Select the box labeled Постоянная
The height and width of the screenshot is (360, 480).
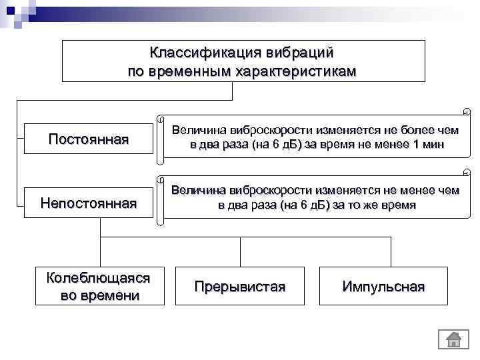pos(89,139)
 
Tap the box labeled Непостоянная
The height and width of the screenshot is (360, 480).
pos(89,202)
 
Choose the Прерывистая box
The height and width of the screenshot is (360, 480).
pos(240,286)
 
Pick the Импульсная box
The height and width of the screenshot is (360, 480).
pos(383,286)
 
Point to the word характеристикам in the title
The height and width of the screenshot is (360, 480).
pos(294,71)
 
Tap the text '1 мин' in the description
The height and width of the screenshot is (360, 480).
pos(428,144)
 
